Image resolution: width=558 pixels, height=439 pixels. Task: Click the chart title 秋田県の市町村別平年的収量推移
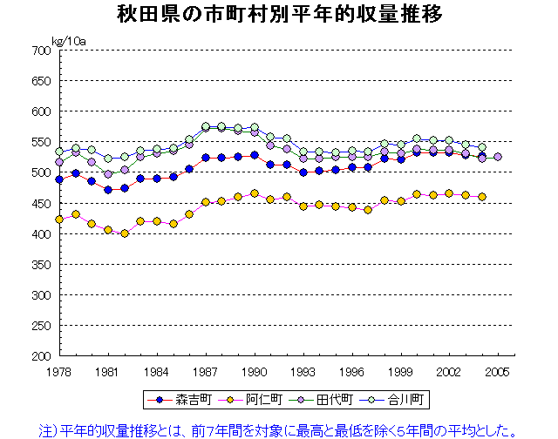point(278,15)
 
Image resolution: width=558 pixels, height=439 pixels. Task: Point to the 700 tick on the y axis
point(42,51)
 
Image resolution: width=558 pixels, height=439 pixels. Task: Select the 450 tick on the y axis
point(42,204)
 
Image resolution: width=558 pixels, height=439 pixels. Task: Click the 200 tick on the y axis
point(42,356)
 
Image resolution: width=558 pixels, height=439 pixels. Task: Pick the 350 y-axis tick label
point(42,265)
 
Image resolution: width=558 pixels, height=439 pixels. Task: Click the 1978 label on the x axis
point(59,371)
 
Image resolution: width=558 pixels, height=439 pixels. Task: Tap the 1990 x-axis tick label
point(255,371)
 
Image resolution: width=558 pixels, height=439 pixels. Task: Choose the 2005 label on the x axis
point(498,371)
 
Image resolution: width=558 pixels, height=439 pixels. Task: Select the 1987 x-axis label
point(206,371)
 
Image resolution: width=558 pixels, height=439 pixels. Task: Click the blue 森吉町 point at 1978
point(59,179)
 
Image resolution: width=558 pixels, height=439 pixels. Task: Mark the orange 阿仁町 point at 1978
point(59,219)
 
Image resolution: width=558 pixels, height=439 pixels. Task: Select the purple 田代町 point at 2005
point(498,157)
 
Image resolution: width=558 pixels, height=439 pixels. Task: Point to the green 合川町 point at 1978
point(59,152)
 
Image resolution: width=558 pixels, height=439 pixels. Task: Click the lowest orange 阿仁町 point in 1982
point(125,233)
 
